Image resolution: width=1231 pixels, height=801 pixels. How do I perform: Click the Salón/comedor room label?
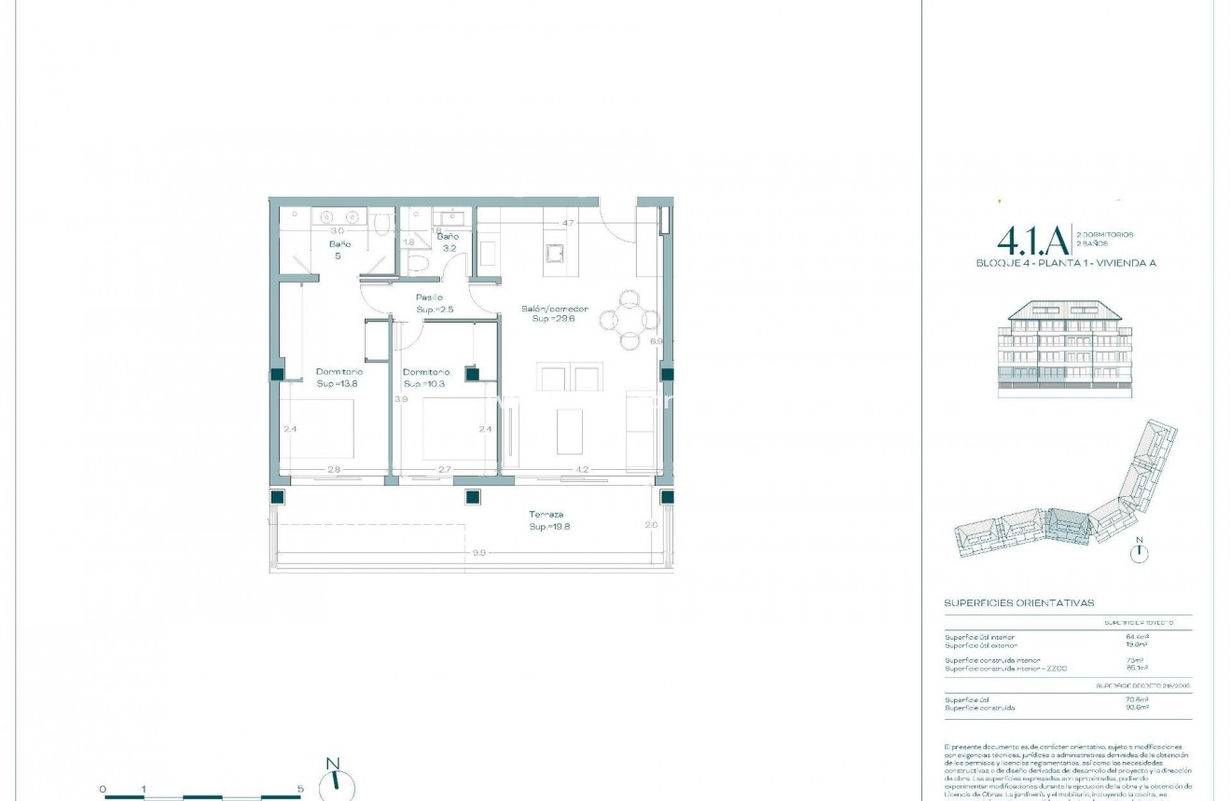(x=554, y=308)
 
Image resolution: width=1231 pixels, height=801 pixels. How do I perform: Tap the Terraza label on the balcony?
(x=546, y=515)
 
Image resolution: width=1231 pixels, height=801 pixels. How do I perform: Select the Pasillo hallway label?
(x=430, y=297)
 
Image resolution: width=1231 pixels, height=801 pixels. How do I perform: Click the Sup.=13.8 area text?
(x=338, y=383)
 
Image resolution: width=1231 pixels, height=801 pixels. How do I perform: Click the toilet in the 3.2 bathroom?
(x=419, y=267)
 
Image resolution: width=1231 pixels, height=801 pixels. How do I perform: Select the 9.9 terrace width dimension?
(x=478, y=553)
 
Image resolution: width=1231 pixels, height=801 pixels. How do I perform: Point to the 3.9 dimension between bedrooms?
(x=401, y=399)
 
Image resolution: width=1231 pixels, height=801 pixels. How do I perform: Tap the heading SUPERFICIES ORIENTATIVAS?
(x=1018, y=603)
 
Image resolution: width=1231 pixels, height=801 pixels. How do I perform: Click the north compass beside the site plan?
(x=1138, y=552)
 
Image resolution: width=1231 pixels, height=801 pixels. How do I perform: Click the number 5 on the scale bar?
(x=300, y=789)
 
